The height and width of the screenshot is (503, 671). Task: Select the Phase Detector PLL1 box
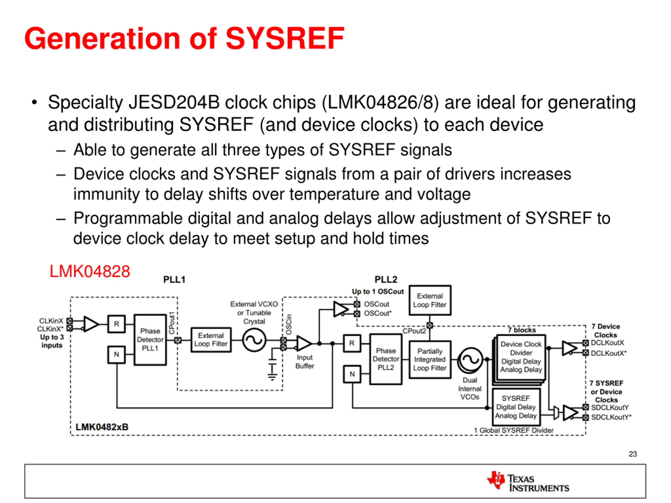[150, 340]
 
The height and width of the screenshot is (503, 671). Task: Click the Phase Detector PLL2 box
[386, 359]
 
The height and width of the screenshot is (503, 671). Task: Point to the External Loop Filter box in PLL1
[211, 340]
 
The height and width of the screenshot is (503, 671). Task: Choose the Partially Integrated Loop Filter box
[430, 360]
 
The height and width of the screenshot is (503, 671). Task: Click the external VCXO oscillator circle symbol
[254, 340]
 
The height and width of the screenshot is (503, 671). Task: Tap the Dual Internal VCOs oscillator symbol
[470, 360]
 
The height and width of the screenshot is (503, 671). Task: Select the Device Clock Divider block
[521, 357]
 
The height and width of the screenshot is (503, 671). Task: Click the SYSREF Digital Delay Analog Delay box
[516, 407]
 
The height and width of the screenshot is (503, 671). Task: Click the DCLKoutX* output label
[609, 353]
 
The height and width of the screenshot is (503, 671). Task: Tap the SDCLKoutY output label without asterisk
[610, 407]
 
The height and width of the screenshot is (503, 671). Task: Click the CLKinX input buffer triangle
[91, 324]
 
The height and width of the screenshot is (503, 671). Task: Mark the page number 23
[632, 454]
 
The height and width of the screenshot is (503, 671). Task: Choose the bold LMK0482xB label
[102, 427]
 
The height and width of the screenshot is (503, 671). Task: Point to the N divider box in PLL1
[116, 354]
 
